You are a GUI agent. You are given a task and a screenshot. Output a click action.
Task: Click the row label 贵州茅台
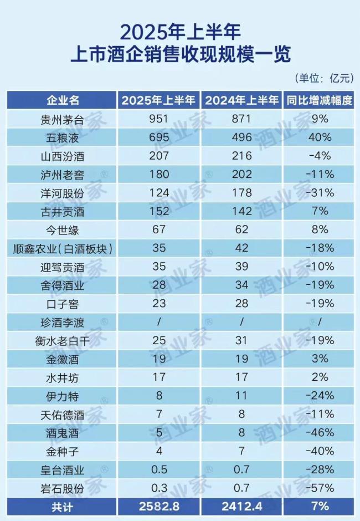63,119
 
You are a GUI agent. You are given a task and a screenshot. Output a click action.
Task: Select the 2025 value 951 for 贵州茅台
158,119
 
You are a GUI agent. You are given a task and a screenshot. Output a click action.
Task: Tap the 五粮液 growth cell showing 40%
320,137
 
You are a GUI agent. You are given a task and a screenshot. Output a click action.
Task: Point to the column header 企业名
63,100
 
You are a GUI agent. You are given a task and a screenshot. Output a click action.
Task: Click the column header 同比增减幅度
320,100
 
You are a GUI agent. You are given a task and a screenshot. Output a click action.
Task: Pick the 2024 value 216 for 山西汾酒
241,156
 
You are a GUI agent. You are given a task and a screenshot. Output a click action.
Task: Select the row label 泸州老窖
63,174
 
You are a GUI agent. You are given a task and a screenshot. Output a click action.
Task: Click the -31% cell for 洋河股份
320,192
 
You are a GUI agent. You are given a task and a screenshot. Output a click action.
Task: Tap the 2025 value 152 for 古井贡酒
158,211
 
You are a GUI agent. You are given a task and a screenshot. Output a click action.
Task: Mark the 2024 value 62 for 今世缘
241,229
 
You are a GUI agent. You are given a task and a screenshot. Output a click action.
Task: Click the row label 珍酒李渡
63,322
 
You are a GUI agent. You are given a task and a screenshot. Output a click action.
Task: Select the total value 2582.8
158,506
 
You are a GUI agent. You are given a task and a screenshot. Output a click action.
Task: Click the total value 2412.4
241,506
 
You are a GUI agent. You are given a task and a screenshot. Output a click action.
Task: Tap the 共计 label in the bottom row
63,506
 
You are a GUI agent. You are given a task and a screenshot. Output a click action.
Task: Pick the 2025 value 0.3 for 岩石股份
158,488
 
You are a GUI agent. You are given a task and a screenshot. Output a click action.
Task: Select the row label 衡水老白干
63,340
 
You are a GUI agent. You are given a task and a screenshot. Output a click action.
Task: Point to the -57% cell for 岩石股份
320,488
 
